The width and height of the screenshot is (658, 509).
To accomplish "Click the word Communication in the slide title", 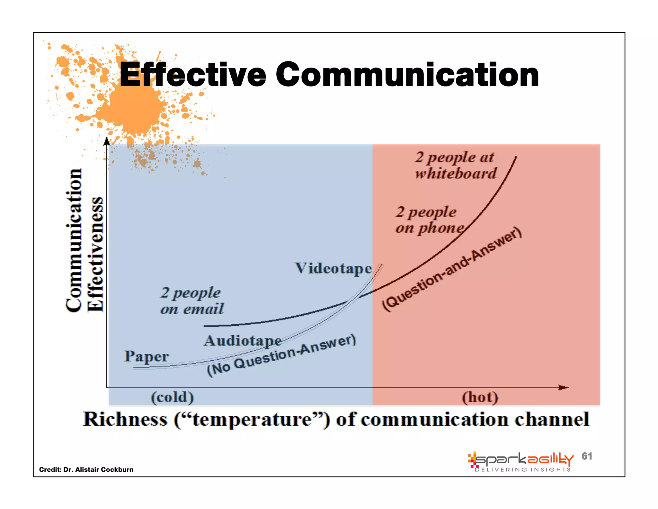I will coord(407,75).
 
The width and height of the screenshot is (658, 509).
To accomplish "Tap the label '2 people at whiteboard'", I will coord(455,165).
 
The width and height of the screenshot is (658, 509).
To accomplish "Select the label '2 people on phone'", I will coord(429,220).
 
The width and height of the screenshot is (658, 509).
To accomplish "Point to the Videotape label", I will coord(333,268).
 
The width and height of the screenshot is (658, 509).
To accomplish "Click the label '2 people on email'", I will coord(192,301).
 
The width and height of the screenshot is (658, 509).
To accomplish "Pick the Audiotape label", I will coord(243,341).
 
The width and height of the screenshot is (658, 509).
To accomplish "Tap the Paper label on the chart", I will coord(147,356).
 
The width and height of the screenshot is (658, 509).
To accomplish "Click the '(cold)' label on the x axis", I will coord(173,397).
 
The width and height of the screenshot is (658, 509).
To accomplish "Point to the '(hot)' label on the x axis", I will coord(480,397).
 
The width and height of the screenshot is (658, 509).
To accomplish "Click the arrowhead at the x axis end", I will coord(564,387).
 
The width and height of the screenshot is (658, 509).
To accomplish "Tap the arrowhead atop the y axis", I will coord(107,142).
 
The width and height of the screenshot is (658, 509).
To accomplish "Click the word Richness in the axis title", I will coord(125,420).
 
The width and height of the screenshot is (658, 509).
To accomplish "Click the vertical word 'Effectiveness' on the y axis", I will coord(95,254).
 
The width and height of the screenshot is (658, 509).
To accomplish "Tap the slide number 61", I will coord(587,456).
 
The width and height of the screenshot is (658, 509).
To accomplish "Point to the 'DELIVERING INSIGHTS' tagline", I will coord(523,470).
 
